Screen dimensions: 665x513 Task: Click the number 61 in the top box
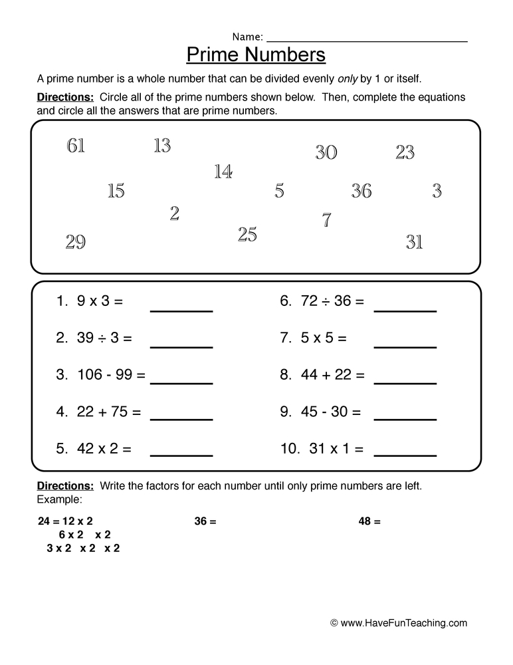(x=76, y=146)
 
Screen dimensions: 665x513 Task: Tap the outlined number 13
(x=162, y=146)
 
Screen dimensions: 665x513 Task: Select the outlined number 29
(x=76, y=242)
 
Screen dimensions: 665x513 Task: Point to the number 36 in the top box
(x=361, y=192)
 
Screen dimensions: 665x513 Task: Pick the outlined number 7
(x=326, y=220)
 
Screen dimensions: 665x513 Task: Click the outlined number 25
(x=247, y=234)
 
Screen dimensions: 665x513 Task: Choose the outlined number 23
(x=405, y=153)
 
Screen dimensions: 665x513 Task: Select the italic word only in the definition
(x=346, y=78)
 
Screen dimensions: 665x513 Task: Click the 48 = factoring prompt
(x=369, y=522)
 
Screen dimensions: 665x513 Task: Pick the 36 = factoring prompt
(x=205, y=522)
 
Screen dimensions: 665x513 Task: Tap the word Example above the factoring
(x=60, y=499)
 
